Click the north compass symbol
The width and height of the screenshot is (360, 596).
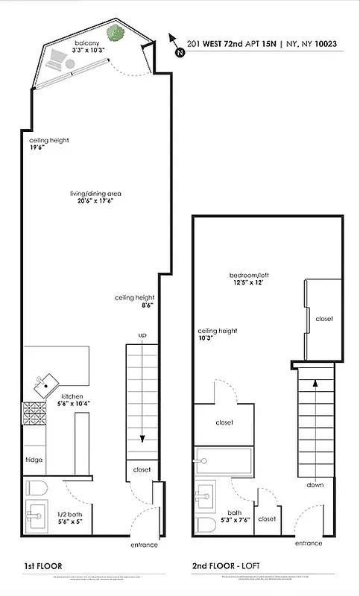tap(177, 45)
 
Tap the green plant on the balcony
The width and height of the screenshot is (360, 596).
tap(116, 33)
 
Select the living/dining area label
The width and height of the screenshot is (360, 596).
tap(95, 194)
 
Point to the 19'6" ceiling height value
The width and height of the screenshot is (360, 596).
tap(37, 148)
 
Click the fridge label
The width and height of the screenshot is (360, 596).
tap(34, 460)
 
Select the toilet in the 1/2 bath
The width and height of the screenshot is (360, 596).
tap(36, 489)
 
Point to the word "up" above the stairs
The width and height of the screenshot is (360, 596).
tap(141, 336)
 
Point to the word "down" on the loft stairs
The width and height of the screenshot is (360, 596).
tap(315, 485)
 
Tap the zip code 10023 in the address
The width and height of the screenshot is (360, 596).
tap(325, 44)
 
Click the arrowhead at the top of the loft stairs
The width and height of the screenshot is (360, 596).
tap(315, 383)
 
